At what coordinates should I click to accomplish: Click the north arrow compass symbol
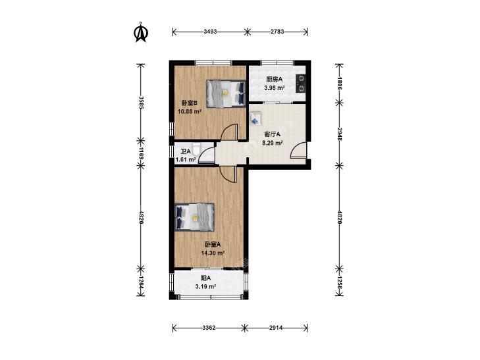click(x=141, y=32)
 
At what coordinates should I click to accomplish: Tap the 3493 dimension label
click(x=210, y=32)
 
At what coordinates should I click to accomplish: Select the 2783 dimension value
click(x=277, y=32)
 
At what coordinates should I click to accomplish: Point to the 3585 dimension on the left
click(x=141, y=103)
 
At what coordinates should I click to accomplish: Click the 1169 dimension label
click(x=141, y=153)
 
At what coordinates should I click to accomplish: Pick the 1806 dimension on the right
click(x=339, y=83)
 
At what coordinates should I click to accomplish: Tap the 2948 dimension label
click(x=339, y=134)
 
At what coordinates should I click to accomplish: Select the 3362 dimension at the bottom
click(x=209, y=328)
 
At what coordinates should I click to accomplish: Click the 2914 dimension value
click(x=276, y=328)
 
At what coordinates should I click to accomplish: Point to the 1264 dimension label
click(x=141, y=282)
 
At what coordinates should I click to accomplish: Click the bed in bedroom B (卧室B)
click(x=226, y=93)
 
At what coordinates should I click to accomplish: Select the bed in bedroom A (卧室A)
click(x=194, y=217)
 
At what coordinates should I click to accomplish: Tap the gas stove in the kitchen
click(x=301, y=83)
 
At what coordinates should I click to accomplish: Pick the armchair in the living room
click(x=255, y=118)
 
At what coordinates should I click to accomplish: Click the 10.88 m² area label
click(x=190, y=112)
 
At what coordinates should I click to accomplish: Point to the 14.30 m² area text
click(x=213, y=253)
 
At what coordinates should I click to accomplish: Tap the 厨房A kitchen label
click(x=275, y=80)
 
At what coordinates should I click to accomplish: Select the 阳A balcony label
click(x=205, y=278)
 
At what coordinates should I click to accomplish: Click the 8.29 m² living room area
click(x=272, y=143)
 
